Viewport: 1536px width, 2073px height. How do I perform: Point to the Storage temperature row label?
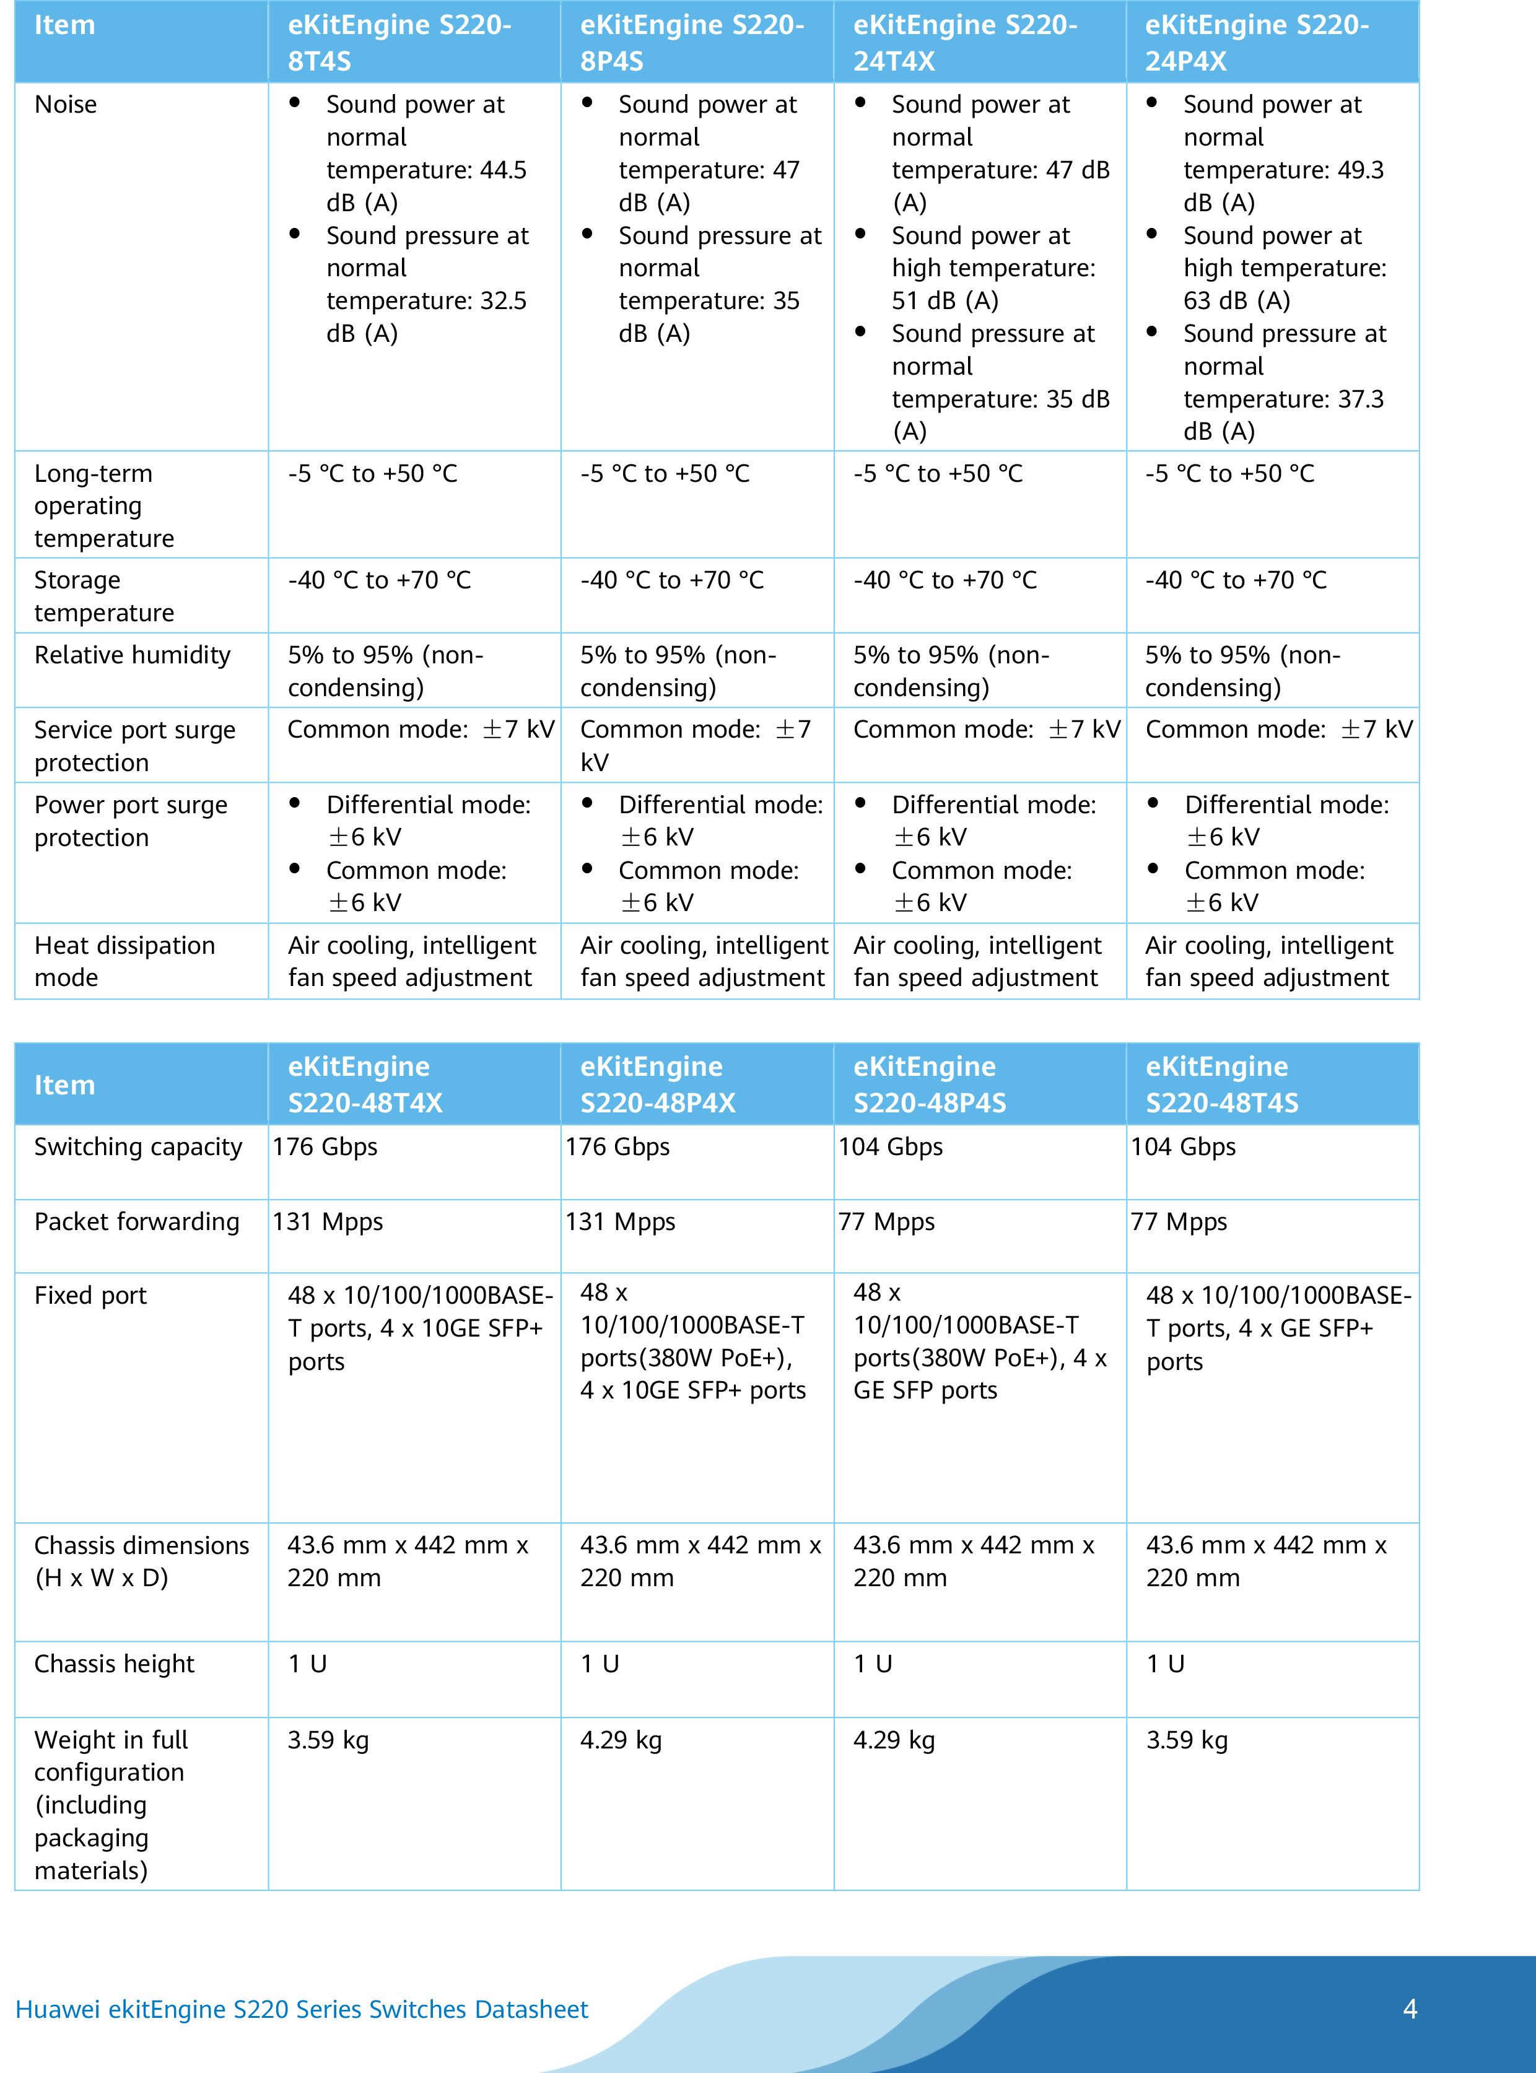[104, 596]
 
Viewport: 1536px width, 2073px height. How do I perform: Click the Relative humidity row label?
[132, 655]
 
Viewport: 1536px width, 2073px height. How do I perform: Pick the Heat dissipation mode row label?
[124, 961]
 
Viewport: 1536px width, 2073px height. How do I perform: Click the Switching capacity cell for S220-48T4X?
[325, 1147]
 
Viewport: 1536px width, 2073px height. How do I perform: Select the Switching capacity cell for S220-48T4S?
[1183, 1147]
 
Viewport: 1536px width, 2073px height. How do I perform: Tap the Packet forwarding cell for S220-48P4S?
[886, 1221]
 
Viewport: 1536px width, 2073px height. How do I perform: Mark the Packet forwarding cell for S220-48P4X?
[620, 1221]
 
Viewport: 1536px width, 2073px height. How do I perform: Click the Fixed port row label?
[90, 1296]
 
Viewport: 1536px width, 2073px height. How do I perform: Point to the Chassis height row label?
[115, 1664]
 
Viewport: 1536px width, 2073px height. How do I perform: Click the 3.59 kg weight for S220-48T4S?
[1187, 1740]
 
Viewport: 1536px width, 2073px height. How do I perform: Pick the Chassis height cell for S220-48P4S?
[872, 1664]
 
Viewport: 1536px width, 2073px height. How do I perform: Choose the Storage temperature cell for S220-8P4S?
[671, 580]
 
